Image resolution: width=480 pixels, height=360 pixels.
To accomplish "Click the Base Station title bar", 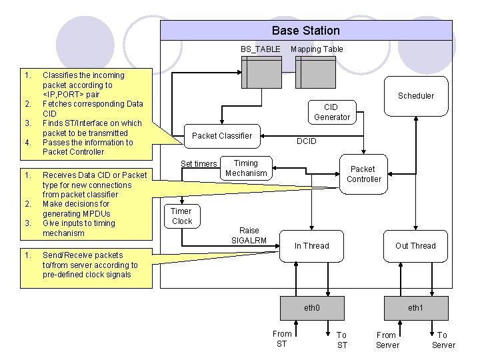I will [306, 31].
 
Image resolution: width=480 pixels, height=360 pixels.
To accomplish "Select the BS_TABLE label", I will [261, 49].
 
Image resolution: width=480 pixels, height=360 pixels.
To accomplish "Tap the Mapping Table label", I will [317, 49].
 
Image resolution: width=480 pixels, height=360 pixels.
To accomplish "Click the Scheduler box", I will [415, 95].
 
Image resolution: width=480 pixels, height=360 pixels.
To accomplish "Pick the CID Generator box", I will [331, 112].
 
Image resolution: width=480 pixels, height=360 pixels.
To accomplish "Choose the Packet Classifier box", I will [222, 136].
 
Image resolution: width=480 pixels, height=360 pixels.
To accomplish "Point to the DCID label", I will [306, 141].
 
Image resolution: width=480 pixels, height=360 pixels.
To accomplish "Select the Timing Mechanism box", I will [246, 168].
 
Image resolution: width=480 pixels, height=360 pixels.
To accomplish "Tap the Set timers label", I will [199, 164].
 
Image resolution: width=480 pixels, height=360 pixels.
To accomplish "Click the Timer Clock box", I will [181, 216].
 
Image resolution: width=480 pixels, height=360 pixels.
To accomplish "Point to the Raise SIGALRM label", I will [249, 235].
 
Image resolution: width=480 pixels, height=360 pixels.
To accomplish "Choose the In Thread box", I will [312, 245].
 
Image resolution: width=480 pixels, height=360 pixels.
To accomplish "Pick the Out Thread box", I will [415, 245].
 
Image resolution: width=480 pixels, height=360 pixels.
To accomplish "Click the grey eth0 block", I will [312, 308].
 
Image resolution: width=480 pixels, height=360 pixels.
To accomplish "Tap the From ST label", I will [282, 339].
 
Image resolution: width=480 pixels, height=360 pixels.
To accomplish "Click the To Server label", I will [443, 340].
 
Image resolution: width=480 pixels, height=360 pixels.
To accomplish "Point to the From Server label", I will [387, 340].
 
